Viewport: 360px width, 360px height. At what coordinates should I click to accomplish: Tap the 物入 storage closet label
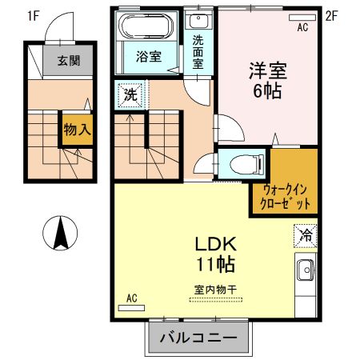pos(76,130)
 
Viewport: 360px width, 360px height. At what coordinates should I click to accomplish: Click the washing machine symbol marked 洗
pos(129,94)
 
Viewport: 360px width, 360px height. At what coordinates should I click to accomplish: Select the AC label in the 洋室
pos(302,27)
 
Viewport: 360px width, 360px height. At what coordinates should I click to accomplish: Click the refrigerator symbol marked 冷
pos(305,235)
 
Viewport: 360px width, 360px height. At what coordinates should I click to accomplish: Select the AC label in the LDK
pos(132,298)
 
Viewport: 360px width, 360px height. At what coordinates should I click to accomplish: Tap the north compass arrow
pos(60,233)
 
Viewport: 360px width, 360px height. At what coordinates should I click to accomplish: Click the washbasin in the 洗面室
pos(199,22)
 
